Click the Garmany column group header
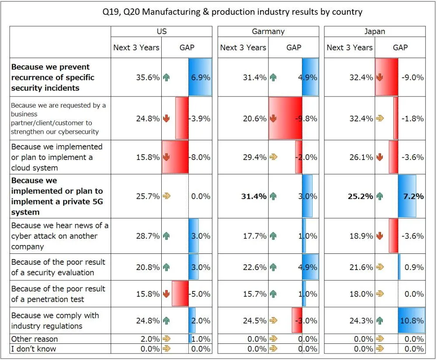[268, 31]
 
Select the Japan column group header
[375, 31]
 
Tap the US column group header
[161, 31]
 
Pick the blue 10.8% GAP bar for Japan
[411, 321]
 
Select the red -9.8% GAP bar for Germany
[285, 118]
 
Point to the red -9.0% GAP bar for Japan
[387, 77]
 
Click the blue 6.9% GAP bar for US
[200, 77]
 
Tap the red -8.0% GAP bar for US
[175, 157]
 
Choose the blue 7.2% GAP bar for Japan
[407, 196]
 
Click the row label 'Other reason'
[35, 339]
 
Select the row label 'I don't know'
[34, 349]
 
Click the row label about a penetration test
[58, 294]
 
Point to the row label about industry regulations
[55, 321]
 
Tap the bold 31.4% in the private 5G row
[254, 196]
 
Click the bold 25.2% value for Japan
[361, 196]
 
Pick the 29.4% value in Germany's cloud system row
[254, 157]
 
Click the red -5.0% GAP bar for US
[180, 294]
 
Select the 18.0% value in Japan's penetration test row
[361, 294]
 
